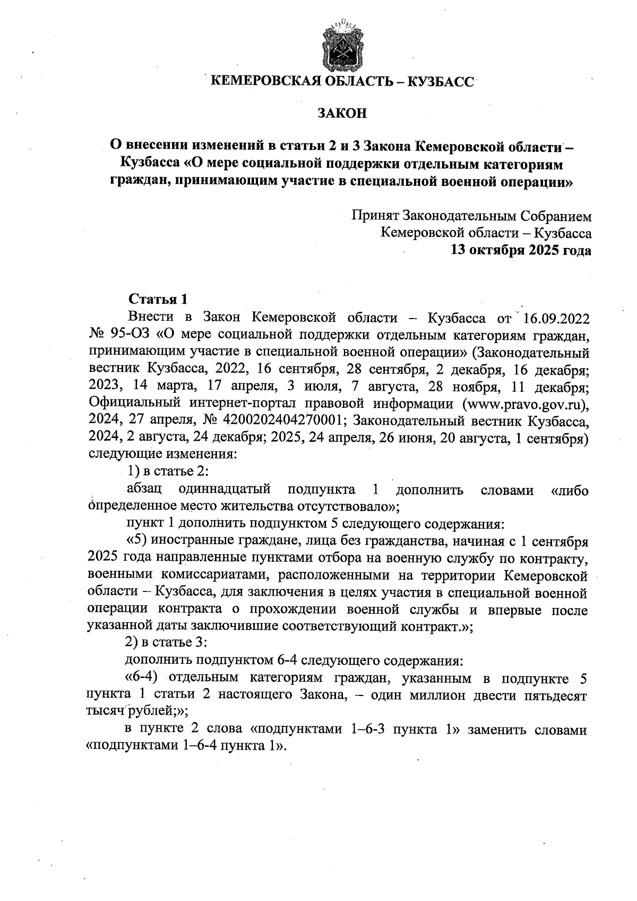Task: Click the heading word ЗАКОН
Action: [342, 113]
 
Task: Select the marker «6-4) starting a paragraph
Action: [143, 678]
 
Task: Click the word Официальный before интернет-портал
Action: [130, 404]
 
